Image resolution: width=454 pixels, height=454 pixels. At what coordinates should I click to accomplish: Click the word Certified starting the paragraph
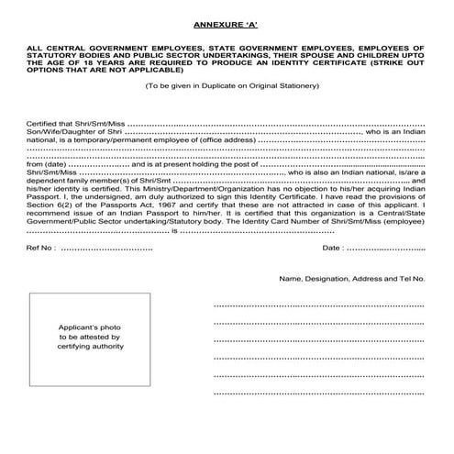(x=45, y=123)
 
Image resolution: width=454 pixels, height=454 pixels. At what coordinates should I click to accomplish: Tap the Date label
(x=332, y=249)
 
